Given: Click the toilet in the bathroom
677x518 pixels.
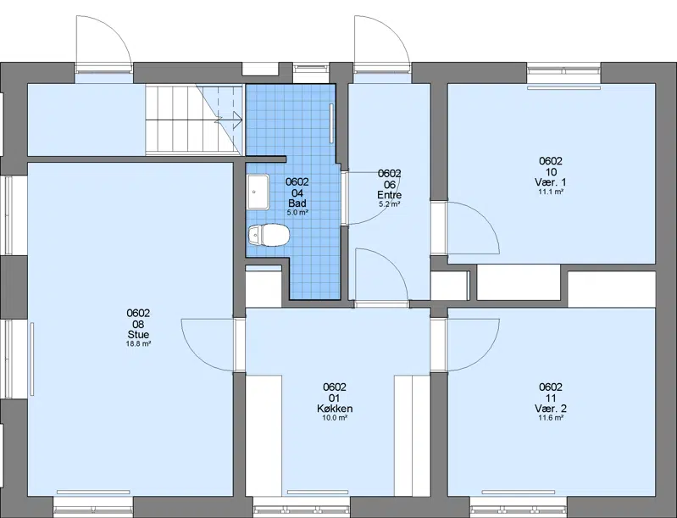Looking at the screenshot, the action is pos(269,236).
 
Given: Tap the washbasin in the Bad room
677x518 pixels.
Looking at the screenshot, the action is pos(258,192).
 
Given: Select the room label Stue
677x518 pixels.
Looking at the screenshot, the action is pos(139,334).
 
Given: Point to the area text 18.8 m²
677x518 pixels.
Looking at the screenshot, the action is pos(139,344).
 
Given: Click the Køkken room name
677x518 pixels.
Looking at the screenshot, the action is pos(335,409).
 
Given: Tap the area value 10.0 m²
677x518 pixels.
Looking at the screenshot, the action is pos(335,418).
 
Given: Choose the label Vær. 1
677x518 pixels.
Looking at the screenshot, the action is pos(551,182).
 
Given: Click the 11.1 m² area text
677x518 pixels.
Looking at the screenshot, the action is pos(551,192).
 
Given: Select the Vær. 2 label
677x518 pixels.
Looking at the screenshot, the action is pos(551,409).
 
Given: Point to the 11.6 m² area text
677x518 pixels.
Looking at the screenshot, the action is pos(551,418).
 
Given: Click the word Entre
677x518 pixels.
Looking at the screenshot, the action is pos(390,194).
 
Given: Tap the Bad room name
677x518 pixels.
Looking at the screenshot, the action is pos(297,203).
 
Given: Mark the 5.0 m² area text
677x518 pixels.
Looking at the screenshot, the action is pos(297,213).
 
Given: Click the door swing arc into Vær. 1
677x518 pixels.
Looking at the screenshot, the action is pos(485,216).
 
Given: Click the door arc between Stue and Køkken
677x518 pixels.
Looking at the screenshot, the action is pos(197,356).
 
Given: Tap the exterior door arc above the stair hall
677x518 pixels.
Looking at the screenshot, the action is pos(114,31).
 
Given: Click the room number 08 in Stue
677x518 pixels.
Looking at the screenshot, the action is pos(139,324).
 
